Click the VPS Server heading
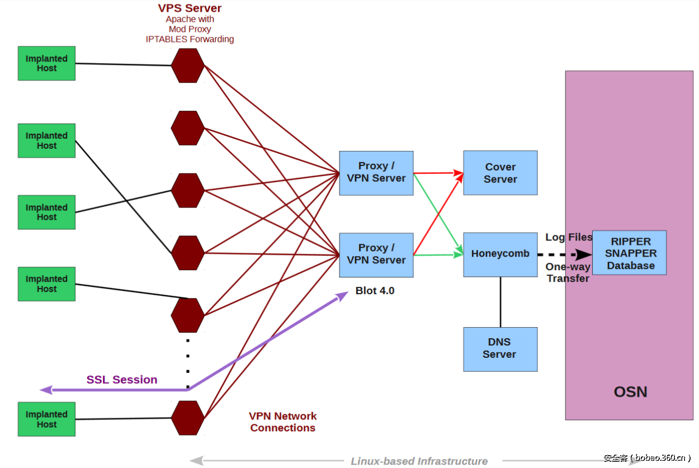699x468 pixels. tap(190, 8)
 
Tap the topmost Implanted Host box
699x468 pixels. tap(46, 63)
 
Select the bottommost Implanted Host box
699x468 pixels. tap(46, 419)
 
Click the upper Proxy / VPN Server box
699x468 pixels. tap(376, 173)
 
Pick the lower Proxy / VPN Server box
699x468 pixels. tap(376, 254)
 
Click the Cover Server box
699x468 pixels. tap(500, 173)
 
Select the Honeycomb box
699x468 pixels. tap(500, 254)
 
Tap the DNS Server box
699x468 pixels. tap(500, 349)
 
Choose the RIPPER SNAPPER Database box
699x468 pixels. tap(629, 253)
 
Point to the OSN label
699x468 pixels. tap(630, 392)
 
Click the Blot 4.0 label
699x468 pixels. tap(375, 291)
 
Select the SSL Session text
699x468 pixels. tap(121, 380)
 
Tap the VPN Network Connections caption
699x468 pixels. tap(282, 422)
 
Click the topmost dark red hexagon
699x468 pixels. tap(187, 65)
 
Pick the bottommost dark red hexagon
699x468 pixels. tap(187, 418)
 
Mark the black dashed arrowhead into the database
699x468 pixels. tap(583, 255)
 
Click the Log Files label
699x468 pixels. tap(568, 237)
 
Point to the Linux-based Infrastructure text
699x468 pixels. tap(419, 461)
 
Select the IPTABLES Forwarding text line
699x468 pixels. tap(190, 39)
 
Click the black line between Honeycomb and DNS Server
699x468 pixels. tap(500, 302)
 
